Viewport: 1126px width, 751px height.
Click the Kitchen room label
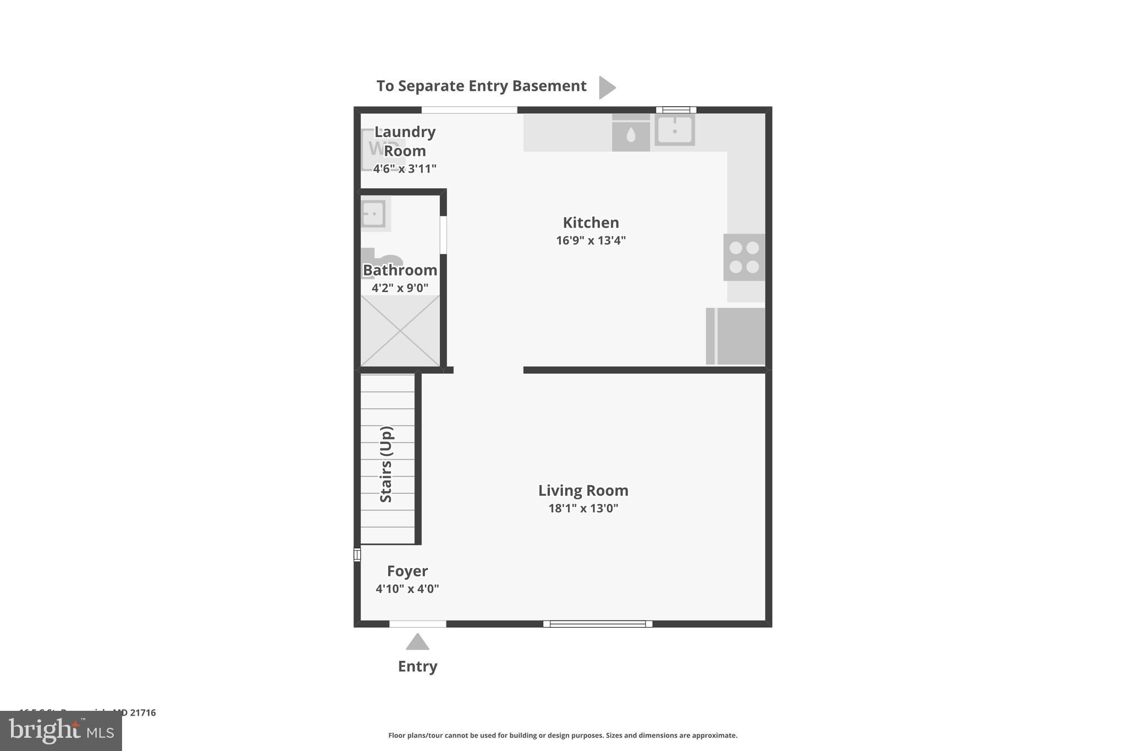pyautogui.click(x=590, y=223)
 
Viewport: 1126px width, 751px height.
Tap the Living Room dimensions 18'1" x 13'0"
pyautogui.click(x=583, y=508)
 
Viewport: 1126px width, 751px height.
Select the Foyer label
pyautogui.click(x=407, y=571)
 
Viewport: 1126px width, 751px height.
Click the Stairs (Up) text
pyautogui.click(x=387, y=464)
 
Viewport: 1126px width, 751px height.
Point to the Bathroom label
pyautogui.click(x=400, y=270)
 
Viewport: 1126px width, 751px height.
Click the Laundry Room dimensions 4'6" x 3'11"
pyautogui.click(x=405, y=169)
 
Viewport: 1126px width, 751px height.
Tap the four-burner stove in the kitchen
pyautogui.click(x=744, y=257)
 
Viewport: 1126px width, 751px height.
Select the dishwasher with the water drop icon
pyautogui.click(x=631, y=134)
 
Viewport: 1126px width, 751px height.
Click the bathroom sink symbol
pyautogui.click(x=373, y=213)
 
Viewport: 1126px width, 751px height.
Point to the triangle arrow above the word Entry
pyautogui.click(x=417, y=642)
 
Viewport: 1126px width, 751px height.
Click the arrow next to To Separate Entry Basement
pyautogui.click(x=606, y=87)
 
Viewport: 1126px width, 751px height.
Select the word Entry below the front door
pyautogui.click(x=417, y=666)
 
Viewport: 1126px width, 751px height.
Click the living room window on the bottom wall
pyautogui.click(x=598, y=624)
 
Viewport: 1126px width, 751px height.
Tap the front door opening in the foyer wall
pyautogui.click(x=417, y=624)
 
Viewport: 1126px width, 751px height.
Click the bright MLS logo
pyautogui.click(x=61, y=731)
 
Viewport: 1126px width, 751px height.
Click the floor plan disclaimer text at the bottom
pyautogui.click(x=562, y=736)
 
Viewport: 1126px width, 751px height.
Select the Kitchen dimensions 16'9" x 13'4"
pyautogui.click(x=590, y=240)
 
